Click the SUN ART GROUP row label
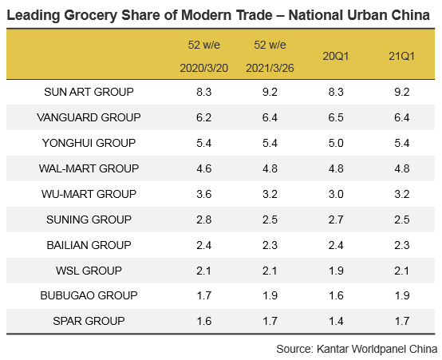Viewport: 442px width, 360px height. click(x=89, y=92)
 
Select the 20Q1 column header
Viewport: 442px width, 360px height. click(x=333, y=57)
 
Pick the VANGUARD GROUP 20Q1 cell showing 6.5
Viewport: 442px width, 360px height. click(x=333, y=117)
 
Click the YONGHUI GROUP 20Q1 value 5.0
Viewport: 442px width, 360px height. click(x=333, y=143)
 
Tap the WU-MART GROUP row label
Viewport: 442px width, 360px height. click(x=89, y=194)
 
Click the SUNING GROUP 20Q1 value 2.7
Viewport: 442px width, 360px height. click(x=333, y=220)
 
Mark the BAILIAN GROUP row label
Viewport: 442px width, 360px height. click(x=89, y=245)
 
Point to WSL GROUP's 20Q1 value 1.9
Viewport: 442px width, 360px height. click(x=333, y=271)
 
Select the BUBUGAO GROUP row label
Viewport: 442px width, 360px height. click(x=89, y=296)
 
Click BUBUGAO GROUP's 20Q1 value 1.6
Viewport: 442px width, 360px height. click(x=333, y=296)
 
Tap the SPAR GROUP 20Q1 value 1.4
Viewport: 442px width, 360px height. click(x=333, y=322)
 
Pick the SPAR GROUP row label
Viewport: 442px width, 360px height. click(x=89, y=322)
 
